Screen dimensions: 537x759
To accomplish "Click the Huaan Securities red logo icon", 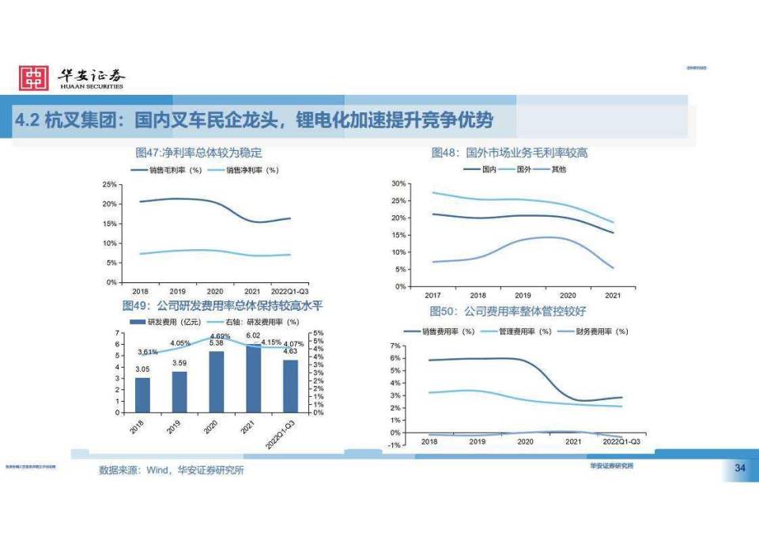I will click(x=33, y=78).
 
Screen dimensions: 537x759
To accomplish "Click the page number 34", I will click(x=740, y=470).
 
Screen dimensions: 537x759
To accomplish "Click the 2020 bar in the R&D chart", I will click(x=216, y=382).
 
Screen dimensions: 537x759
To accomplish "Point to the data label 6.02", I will click(x=253, y=335).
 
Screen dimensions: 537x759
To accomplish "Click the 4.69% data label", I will click(x=220, y=336).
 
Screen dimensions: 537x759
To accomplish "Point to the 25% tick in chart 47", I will click(x=110, y=184).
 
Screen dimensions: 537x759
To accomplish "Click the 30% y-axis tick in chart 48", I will click(x=398, y=183).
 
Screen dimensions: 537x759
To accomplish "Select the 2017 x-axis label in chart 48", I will click(x=433, y=295).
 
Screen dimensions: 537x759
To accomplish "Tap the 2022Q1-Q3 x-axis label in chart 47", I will click(x=290, y=291).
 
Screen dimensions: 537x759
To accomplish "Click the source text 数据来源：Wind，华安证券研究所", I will click(x=171, y=471).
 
